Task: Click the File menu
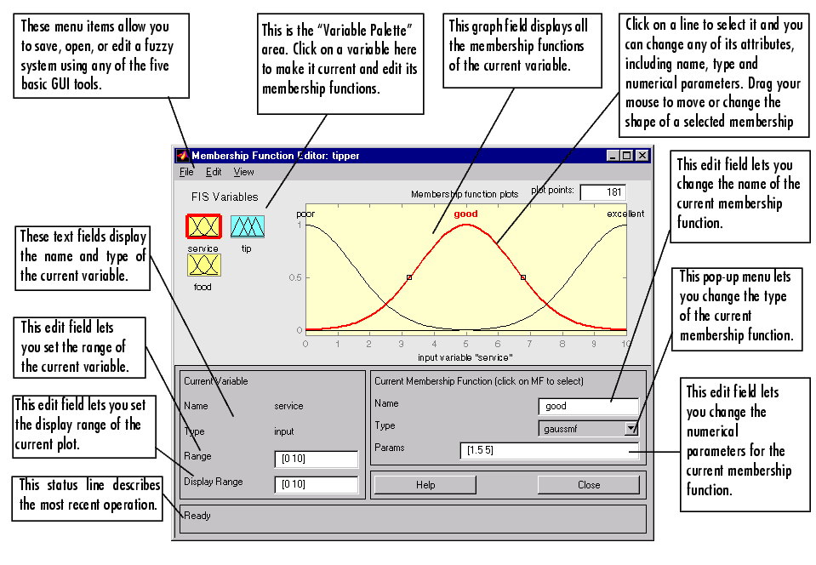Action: coord(186,172)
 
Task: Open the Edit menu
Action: coord(214,172)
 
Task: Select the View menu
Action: coord(243,172)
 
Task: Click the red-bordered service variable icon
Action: coord(203,227)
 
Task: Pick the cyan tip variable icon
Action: coord(248,227)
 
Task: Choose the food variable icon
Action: coord(204,265)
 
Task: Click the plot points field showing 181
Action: coord(603,192)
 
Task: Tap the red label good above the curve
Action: coord(465,214)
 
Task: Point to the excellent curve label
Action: coord(625,214)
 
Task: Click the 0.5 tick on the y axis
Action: coord(295,277)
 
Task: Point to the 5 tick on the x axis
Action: coord(465,344)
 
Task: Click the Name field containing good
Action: coord(588,407)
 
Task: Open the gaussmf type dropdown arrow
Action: coord(631,429)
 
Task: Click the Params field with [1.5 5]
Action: coord(549,450)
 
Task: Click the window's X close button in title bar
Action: coord(642,155)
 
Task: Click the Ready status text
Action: coord(197,516)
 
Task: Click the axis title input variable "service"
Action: coord(465,357)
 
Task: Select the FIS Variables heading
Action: coord(225,197)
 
